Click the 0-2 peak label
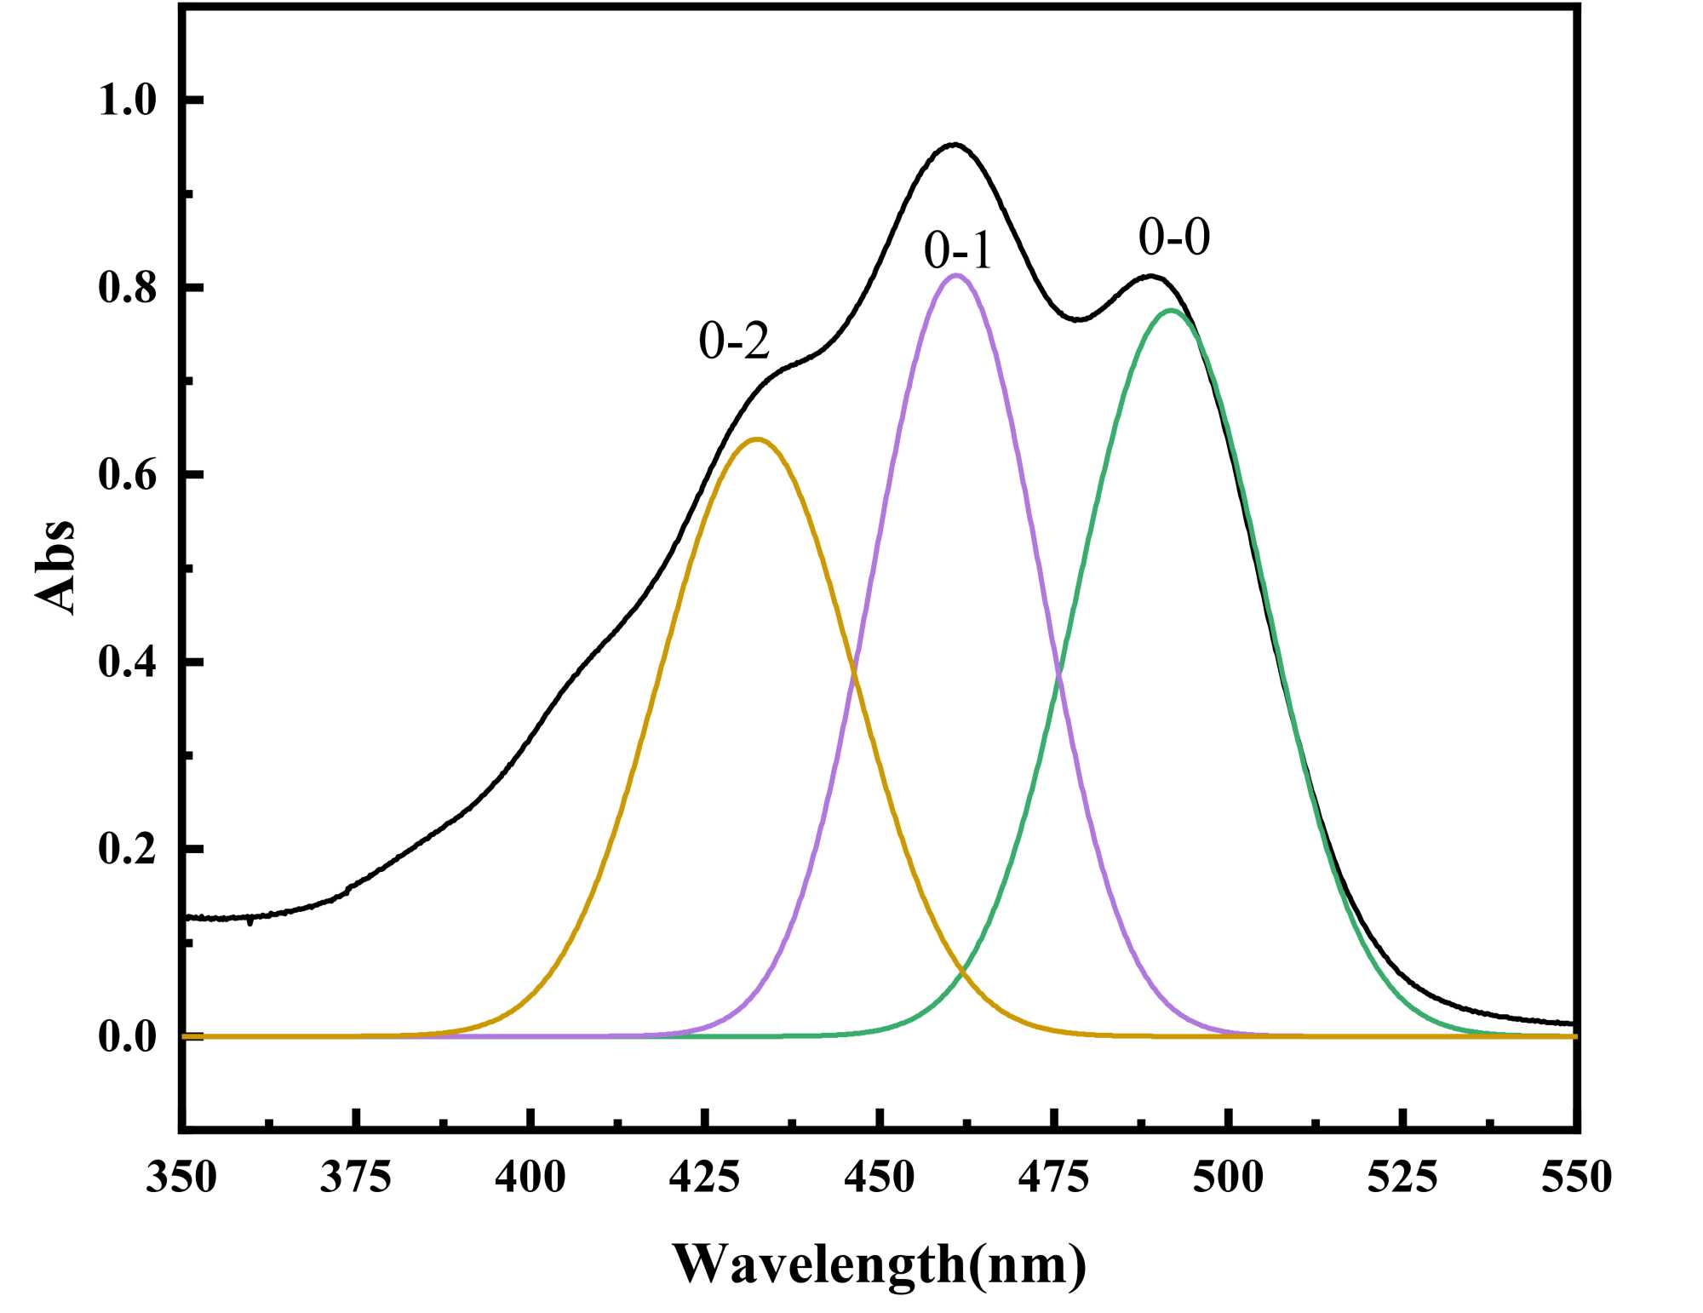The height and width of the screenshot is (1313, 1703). pos(734,341)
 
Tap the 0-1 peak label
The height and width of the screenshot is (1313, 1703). pos(958,251)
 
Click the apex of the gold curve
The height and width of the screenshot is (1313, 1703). pos(756,439)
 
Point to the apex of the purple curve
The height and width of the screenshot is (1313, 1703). pos(956,275)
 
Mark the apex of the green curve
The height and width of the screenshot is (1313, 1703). pos(1171,311)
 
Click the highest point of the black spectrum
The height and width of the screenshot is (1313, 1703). pos(955,145)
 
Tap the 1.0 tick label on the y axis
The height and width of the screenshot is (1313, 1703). pos(128,100)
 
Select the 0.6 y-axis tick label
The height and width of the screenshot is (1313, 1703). pos(128,474)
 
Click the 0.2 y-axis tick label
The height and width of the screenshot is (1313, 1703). pos(128,849)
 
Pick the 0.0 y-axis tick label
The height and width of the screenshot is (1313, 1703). pos(128,1036)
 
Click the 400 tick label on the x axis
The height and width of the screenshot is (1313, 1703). pos(530,1178)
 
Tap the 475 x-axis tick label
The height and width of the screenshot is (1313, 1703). pos(1054,1178)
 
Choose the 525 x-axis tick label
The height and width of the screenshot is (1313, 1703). pos(1402,1178)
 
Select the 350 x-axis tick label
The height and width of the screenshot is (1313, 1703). pos(181,1178)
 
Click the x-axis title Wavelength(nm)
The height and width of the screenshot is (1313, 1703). pos(880,1264)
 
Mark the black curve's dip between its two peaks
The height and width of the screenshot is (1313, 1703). pos(1078,319)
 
